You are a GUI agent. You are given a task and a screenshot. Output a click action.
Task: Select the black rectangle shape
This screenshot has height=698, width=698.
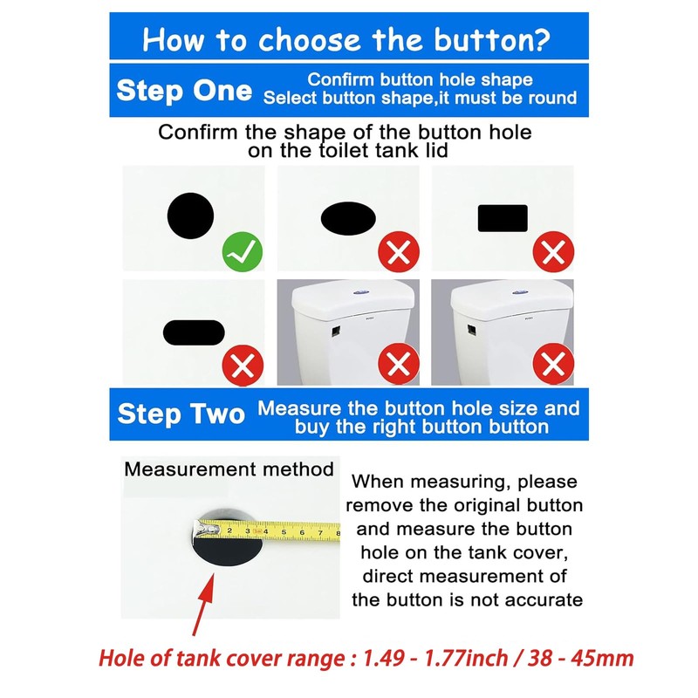tap(503, 218)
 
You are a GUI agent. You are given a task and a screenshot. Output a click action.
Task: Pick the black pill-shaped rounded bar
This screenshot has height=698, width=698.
tap(193, 332)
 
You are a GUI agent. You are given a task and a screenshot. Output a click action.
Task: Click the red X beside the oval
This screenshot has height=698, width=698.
tap(399, 253)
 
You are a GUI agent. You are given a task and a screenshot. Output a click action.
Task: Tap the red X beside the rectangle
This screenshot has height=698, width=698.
tap(553, 253)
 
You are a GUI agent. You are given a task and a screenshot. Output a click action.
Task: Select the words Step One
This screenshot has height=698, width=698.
tap(184, 90)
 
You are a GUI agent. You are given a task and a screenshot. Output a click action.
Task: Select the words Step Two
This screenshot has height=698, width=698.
tap(181, 414)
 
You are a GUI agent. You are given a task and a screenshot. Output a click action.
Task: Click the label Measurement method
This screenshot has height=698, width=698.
tap(229, 469)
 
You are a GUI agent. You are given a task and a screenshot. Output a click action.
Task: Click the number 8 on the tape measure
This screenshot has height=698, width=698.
tap(337, 530)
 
